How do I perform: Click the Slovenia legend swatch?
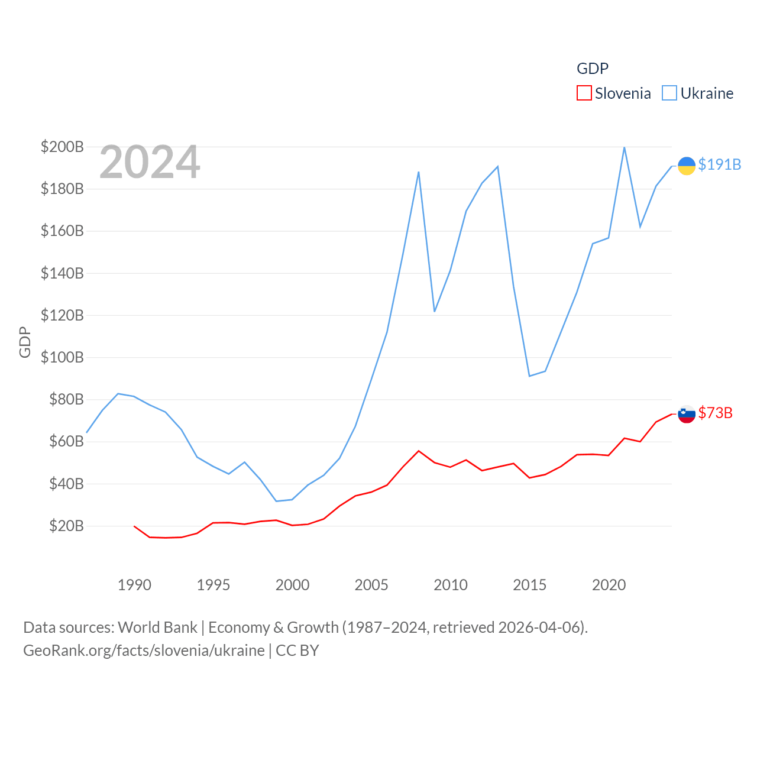click(x=584, y=93)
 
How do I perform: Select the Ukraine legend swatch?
click(x=669, y=93)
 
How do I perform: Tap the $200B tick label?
click(x=62, y=147)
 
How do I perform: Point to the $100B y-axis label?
click(x=62, y=357)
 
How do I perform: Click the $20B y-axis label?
click(x=66, y=526)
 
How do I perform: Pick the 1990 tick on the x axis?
click(x=134, y=585)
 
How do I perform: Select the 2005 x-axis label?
click(x=371, y=585)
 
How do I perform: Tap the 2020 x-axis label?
click(x=609, y=585)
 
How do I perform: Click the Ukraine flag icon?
click(x=686, y=166)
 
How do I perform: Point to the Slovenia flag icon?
click(x=686, y=414)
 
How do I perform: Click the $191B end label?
click(x=719, y=164)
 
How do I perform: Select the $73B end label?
click(x=715, y=413)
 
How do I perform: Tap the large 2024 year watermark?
click(x=150, y=162)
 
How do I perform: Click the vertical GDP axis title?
click(x=25, y=342)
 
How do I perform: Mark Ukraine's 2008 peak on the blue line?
click(x=419, y=172)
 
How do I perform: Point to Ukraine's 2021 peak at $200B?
click(x=625, y=147)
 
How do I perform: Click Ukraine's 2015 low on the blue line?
click(x=529, y=376)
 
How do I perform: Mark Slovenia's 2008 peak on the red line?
click(x=419, y=451)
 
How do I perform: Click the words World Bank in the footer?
click(x=157, y=627)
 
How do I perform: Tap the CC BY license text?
click(x=297, y=651)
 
